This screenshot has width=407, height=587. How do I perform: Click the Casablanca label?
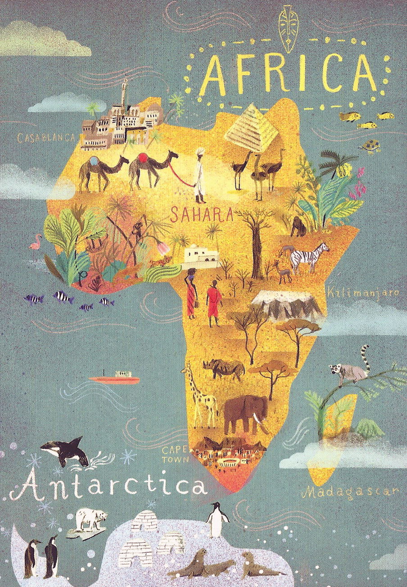coord(45,138)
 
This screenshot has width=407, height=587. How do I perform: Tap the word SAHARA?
coord(201,215)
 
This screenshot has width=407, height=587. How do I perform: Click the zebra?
coord(308,257)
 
